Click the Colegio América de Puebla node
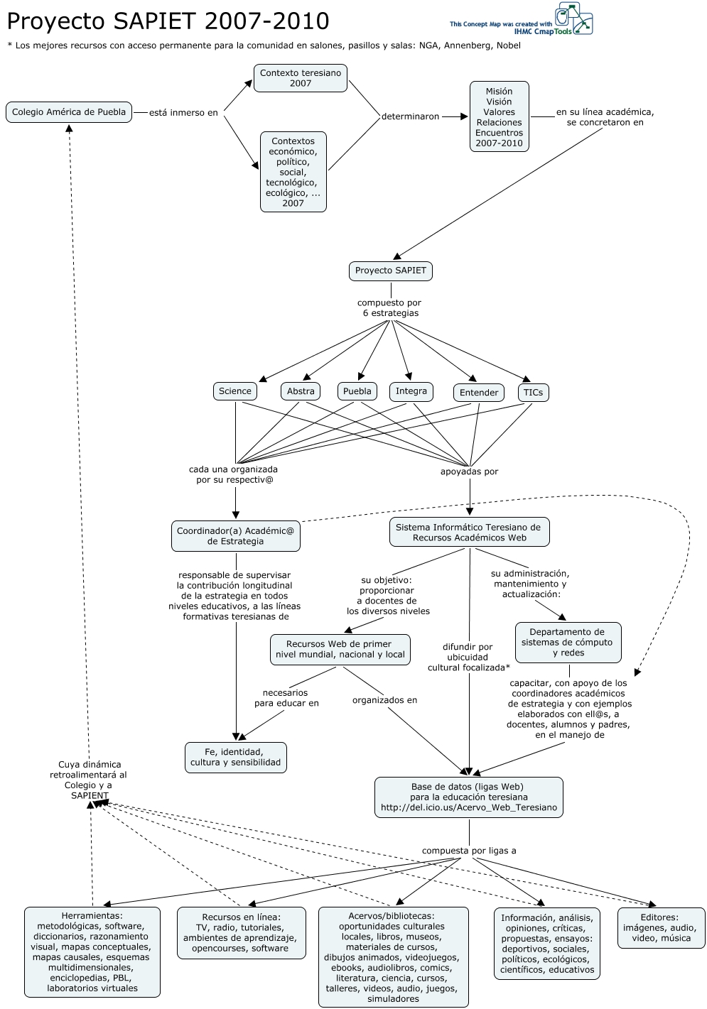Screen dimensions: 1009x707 pyautogui.click(x=69, y=112)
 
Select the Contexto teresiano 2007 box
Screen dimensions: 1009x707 pyautogui.click(x=301, y=78)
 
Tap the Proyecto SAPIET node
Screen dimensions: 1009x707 pyautogui.click(x=391, y=271)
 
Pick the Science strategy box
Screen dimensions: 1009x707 pyautogui.click(x=235, y=391)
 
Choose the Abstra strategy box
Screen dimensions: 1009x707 pyautogui.click(x=301, y=391)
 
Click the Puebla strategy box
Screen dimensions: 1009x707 pyautogui.click(x=357, y=391)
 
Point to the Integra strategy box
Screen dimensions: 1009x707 pyautogui.click(x=411, y=391)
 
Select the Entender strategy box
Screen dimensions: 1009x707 pyautogui.click(x=479, y=393)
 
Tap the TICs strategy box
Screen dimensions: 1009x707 pyautogui.click(x=533, y=393)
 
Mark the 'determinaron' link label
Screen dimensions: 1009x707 pyautogui.click(x=411, y=116)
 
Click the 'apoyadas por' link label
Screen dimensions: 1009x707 pyautogui.click(x=469, y=471)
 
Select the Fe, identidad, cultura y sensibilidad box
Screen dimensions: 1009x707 pyautogui.click(x=236, y=758)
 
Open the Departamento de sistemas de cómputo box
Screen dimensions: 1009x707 pyautogui.click(x=567, y=643)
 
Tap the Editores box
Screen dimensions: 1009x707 pyautogui.click(x=661, y=927)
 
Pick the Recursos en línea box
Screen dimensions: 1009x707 pyautogui.click(x=241, y=932)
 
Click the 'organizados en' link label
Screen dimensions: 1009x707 pyautogui.click(x=384, y=700)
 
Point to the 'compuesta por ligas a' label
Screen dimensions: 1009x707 pyautogui.click(x=469, y=851)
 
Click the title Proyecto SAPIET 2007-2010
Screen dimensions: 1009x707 pyautogui.click(x=168, y=22)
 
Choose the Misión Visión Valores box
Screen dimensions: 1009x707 pyautogui.click(x=499, y=117)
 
